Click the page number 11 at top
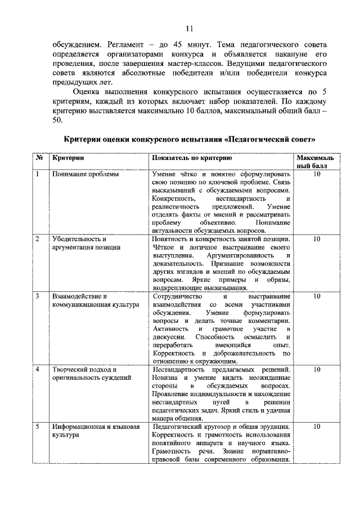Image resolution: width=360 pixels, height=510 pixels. tap(190, 28)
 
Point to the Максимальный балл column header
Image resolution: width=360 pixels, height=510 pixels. tap(316, 163)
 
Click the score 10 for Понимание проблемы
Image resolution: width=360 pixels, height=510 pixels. tap(316, 175)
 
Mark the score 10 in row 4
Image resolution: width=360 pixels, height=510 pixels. tap(316, 370)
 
